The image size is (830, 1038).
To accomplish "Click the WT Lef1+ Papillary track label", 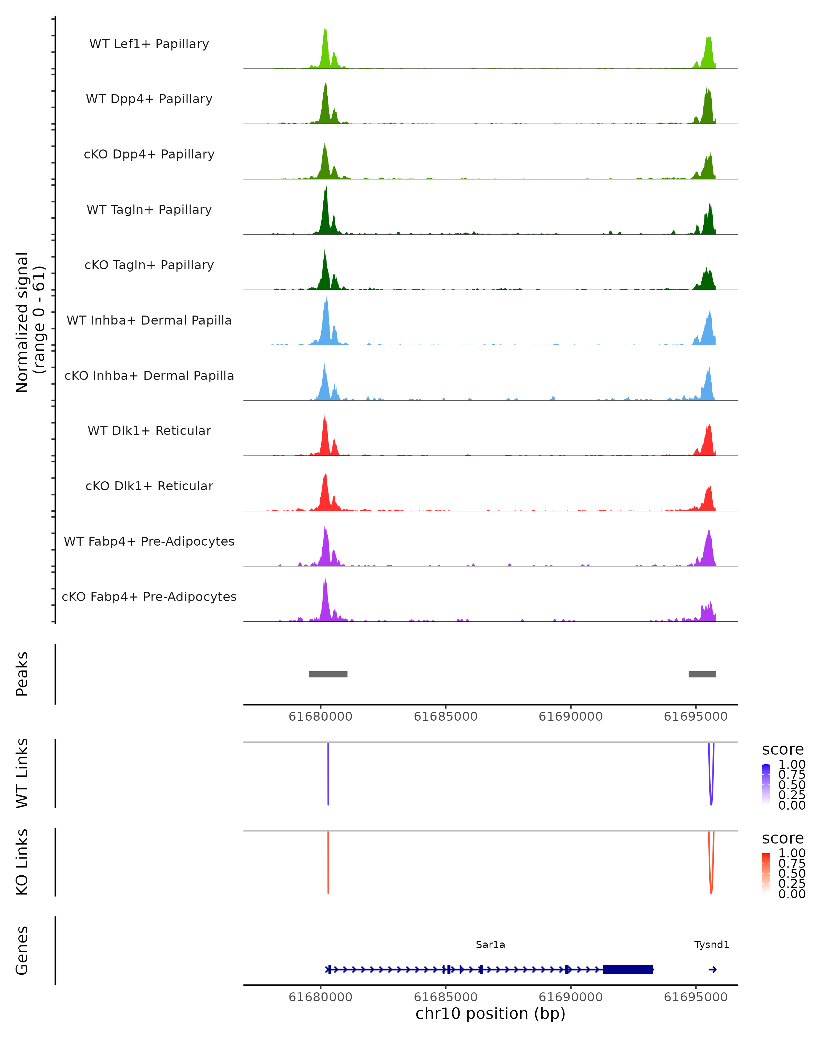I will (149, 44).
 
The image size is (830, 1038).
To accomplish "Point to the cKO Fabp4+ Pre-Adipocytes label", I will (149, 597).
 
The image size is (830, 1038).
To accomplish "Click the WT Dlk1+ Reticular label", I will (149, 430).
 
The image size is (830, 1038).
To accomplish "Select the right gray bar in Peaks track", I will (702, 674).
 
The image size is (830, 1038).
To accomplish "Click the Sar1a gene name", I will (490, 945).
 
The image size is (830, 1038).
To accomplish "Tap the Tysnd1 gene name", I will (712, 945).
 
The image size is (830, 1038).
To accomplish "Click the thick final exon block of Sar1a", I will (628, 969).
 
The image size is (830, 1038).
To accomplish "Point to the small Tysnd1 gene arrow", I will (713, 969).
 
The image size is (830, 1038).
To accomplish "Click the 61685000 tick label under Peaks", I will (445, 717).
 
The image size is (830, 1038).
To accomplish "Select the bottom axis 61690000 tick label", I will (571, 997).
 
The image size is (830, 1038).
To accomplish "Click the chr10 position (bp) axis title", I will (490, 1014).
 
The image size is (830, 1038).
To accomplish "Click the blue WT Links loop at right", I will (711, 790).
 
